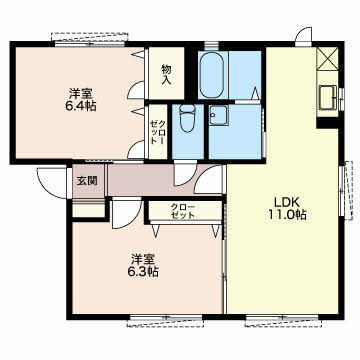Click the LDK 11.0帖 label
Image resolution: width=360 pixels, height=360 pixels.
point(287,208)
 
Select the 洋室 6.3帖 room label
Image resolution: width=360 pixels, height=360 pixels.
point(144,266)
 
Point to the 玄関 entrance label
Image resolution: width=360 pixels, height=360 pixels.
point(87,181)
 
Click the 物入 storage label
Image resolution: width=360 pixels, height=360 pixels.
point(166,74)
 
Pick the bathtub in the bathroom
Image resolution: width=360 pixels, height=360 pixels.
point(213,75)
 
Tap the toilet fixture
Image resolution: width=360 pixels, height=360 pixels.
point(187,118)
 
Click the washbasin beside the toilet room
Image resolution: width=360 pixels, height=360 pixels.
point(219,115)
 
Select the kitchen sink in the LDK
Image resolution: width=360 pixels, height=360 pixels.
point(328,97)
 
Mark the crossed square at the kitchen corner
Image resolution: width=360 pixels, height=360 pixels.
point(327,59)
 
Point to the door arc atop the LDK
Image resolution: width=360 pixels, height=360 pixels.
point(304,35)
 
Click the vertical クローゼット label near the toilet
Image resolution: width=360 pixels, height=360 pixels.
point(158,132)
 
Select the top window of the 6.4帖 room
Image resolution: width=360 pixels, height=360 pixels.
point(90,39)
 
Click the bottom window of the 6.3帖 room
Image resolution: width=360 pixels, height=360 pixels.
point(166,320)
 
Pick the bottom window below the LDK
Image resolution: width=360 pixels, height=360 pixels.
point(283,320)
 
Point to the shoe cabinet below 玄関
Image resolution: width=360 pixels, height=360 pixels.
point(89,210)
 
